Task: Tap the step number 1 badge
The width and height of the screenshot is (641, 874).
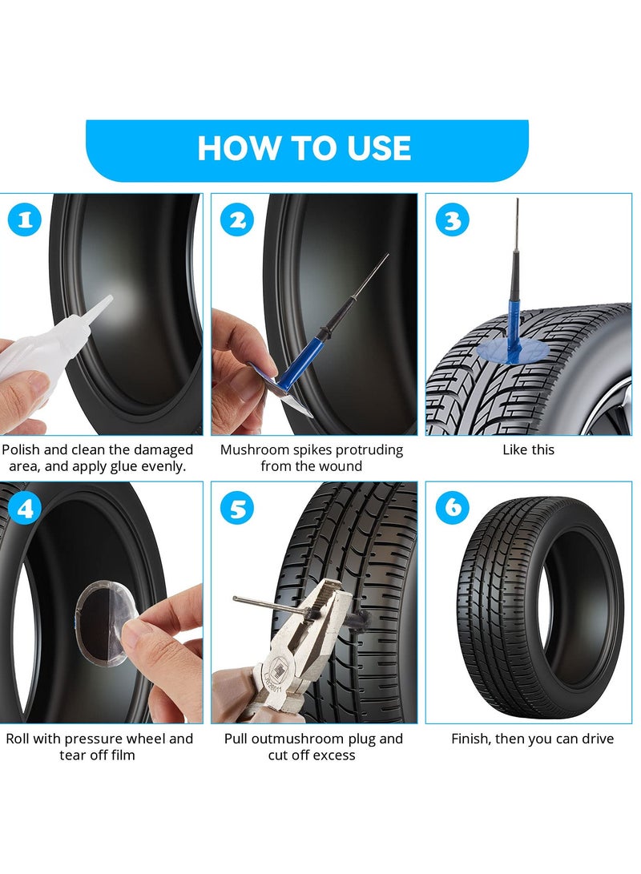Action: [x=24, y=220]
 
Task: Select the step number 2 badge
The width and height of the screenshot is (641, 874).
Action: [x=236, y=220]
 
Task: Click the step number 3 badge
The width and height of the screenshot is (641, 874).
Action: [x=453, y=220]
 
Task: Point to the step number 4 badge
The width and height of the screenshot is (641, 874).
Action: [x=24, y=509]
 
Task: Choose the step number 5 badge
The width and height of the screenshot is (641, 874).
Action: [x=238, y=509]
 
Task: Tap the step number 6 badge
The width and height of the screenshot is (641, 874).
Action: [x=453, y=507]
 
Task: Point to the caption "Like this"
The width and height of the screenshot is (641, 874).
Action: [x=528, y=449]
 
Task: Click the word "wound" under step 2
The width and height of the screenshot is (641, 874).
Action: [x=341, y=466]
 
